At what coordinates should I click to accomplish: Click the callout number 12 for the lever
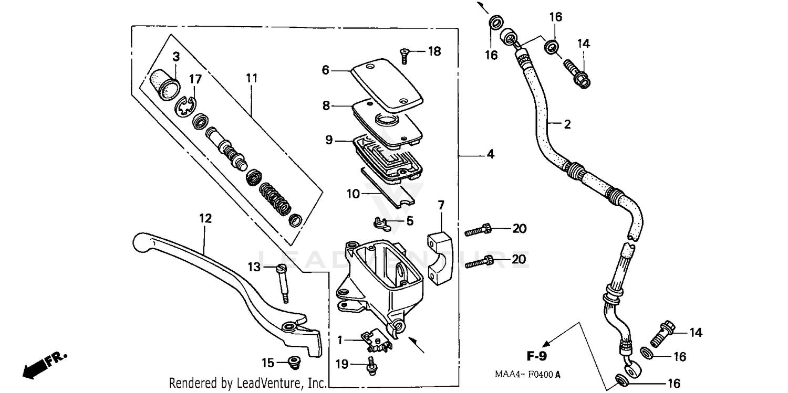[x=205, y=218]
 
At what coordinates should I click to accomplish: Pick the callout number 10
[x=352, y=194]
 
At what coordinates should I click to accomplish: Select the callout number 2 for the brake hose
[x=567, y=124]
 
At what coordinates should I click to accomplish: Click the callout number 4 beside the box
[x=490, y=154]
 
